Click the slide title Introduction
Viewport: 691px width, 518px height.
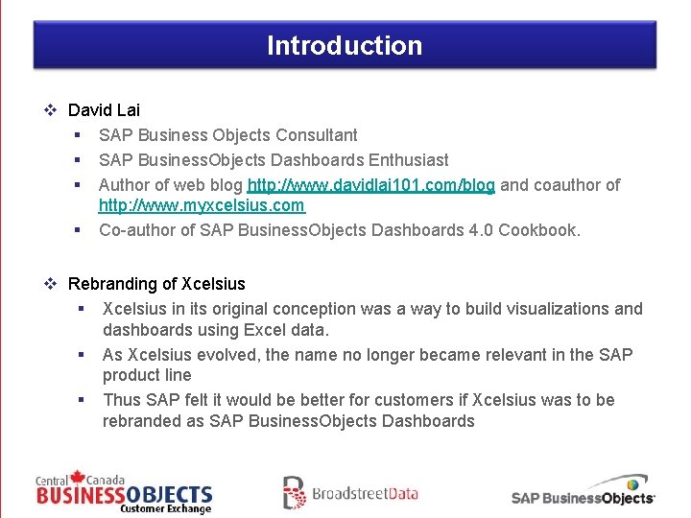345,45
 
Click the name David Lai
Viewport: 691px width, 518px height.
104,110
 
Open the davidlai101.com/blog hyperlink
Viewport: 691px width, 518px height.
370,185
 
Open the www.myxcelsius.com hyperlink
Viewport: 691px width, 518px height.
202,205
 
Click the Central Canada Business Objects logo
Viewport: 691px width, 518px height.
124,492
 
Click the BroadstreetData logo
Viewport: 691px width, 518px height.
350,493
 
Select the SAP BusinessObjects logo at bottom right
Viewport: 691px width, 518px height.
584,490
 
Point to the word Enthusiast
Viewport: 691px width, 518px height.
408,160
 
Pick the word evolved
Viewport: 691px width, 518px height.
227,355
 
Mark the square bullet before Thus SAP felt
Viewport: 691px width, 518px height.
83,400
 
